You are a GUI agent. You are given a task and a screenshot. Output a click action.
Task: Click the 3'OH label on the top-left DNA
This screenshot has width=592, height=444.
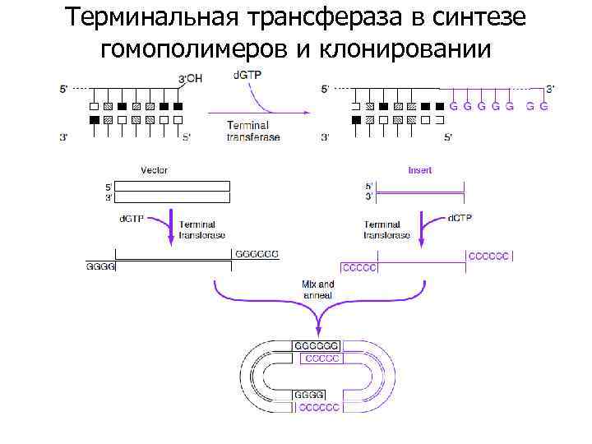(x=191, y=78)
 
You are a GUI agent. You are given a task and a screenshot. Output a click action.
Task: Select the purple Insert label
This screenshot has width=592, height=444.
(x=420, y=170)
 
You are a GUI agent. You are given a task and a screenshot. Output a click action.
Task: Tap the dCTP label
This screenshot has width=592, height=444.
(x=460, y=218)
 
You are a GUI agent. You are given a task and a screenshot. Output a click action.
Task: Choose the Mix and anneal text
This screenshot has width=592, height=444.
(x=317, y=289)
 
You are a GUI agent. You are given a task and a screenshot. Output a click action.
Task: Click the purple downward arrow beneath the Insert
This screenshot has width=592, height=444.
(x=423, y=228)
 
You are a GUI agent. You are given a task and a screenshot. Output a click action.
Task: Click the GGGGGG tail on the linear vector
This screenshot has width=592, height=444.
(x=257, y=254)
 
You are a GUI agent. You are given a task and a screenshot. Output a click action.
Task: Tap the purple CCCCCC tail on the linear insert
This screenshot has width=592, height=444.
(x=488, y=255)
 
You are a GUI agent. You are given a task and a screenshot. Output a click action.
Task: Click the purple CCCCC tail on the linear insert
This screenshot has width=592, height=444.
(x=359, y=267)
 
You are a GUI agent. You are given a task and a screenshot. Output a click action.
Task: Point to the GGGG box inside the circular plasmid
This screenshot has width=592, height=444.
(x=309, y=395)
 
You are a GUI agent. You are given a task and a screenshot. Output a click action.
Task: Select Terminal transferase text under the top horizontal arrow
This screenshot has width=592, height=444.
(x=253, y=131)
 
